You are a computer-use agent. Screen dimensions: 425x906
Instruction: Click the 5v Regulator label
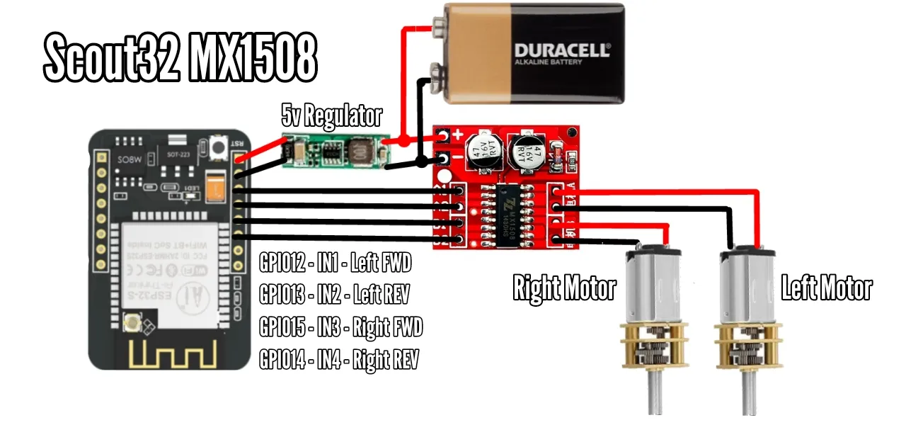point(331,114)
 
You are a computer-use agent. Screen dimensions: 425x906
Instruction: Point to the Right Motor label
point(564,288)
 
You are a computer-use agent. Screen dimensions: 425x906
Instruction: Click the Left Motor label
point(826,288)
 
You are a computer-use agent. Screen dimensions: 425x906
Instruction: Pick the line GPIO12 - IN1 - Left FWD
point(336,264)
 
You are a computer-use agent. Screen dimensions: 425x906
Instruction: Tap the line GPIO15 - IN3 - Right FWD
point(340,327)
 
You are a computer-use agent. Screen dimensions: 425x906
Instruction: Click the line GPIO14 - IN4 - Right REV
point(338,360)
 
